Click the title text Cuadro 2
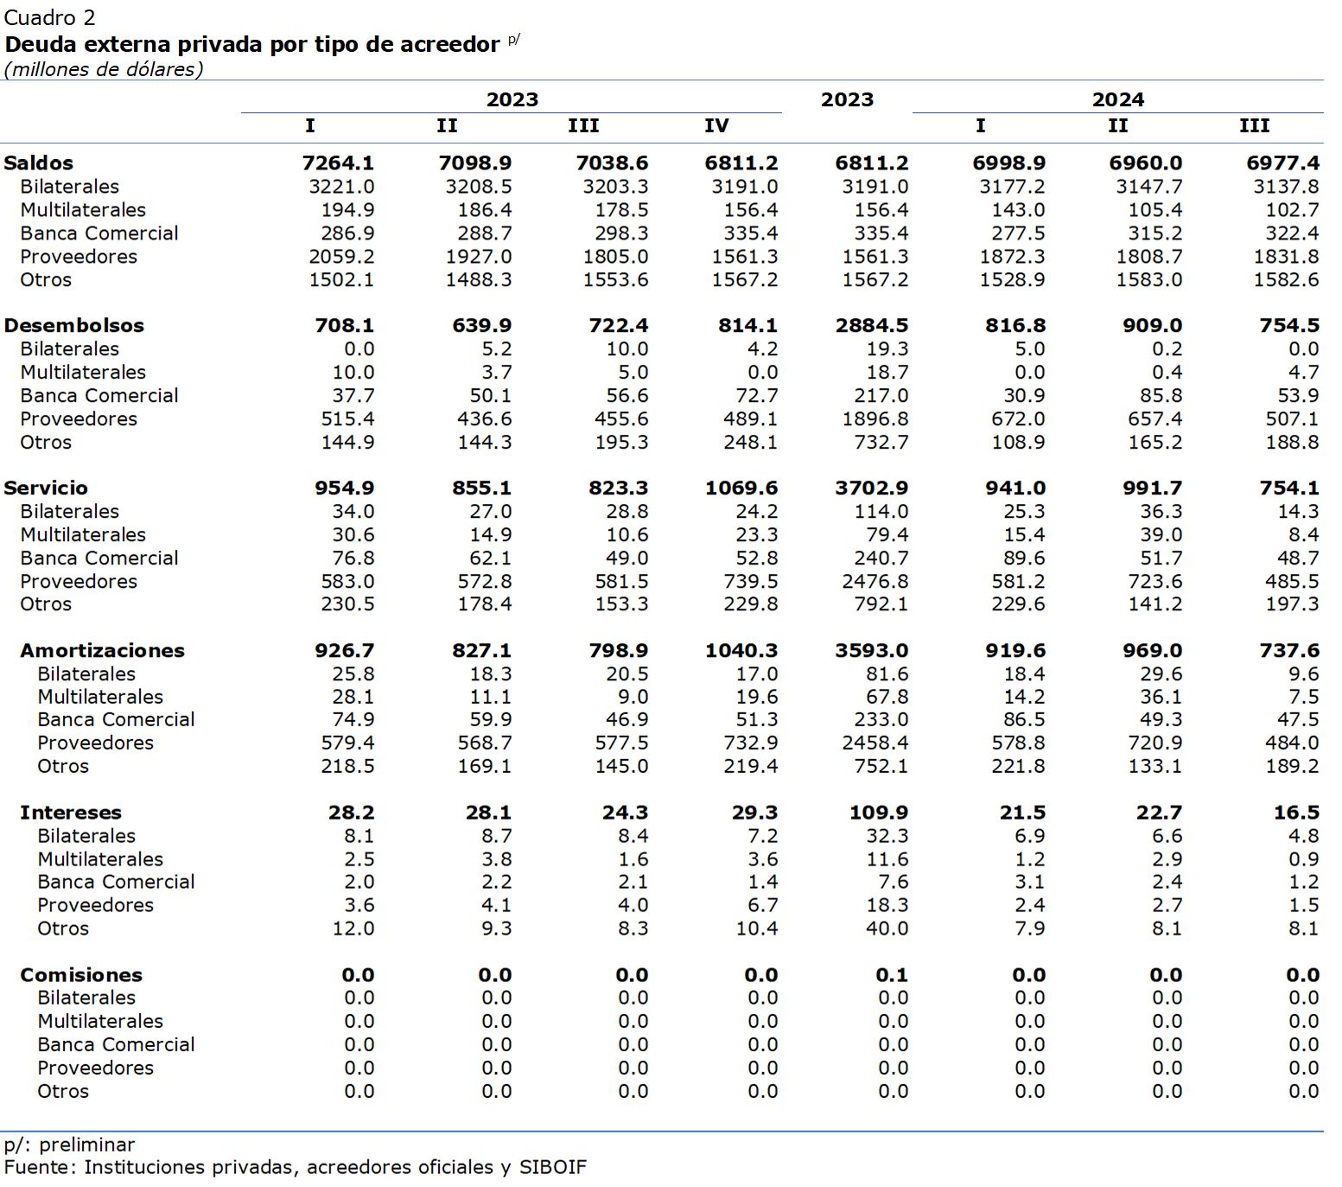[x=49, y=17]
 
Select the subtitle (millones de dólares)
[x=104, y=69]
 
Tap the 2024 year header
[x=1117, y=99]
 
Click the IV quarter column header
[x=716, y=125]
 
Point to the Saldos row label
[x=39, y=163]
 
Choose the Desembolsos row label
[x=74, y=325]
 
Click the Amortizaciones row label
[x=102, y=650]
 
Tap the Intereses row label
[x=71, y=813]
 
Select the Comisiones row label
[x=81, y=975]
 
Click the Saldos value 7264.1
[x=338, y=163]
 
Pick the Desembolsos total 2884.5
[x=871, y=325]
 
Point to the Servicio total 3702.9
[x=871, y=488]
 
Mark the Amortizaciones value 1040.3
[x=741, y=650]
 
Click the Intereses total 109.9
[x=879, y=813]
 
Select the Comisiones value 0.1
[x=892, y=975]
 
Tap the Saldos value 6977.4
[x=1282, y=163]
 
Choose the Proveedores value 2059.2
[x=341, y=257]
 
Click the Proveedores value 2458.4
[x=875, y=743]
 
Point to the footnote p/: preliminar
[x=69, y=1145]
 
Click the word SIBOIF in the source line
[x=552, y=1167]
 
